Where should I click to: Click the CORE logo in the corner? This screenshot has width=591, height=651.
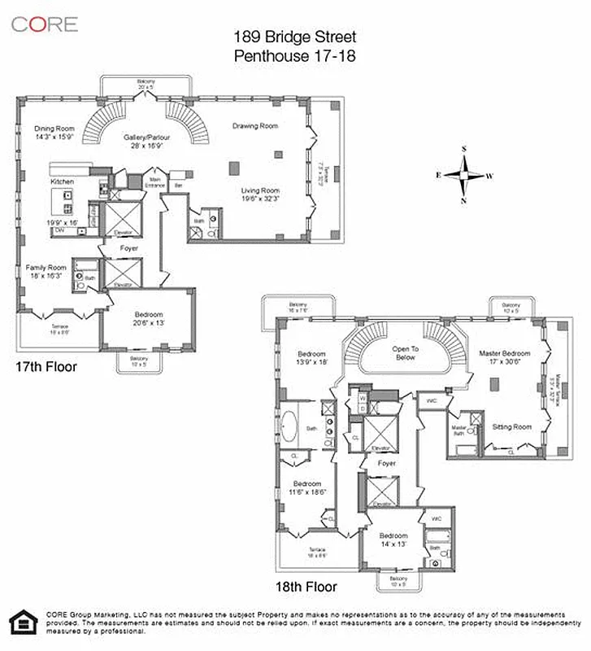point(45,24)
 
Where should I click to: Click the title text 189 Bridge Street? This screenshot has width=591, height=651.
point(295,37)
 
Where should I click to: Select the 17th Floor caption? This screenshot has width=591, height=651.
point(46,367)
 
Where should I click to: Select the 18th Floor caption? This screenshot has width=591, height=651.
point(306,586)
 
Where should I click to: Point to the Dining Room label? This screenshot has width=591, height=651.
point(54,129)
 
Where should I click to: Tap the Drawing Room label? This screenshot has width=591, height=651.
point(255,126)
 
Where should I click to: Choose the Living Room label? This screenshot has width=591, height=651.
point(260,190)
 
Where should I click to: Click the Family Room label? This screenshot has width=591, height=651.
point(46,267)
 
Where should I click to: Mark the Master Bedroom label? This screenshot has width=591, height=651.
point(504,353)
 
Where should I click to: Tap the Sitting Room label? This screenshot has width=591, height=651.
point(512,427)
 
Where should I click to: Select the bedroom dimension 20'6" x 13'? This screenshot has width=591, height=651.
point(148,323)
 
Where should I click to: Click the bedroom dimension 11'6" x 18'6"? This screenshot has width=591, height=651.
point(307,492)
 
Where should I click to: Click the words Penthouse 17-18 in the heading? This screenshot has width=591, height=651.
point(295,56)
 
